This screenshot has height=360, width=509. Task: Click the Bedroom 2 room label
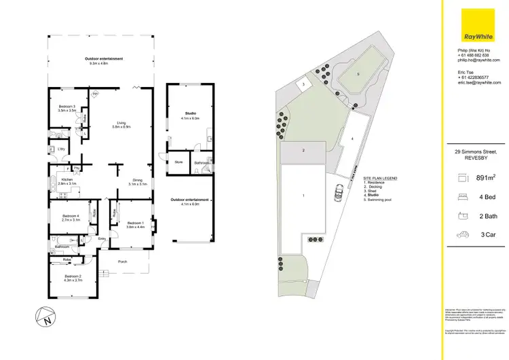(x=73, y=276)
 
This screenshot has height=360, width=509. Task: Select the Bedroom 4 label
(x=71, y=217)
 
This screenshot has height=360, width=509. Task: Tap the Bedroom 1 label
(x=135, y=223)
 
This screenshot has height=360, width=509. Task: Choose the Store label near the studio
(x=179, y=162)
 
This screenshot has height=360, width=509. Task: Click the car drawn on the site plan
(x=337, y=195)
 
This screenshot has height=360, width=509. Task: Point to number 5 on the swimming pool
(x=359, y=73)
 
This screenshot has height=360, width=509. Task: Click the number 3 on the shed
(x=303, y=84)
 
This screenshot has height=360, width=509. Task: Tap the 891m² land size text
(x=483, y=178)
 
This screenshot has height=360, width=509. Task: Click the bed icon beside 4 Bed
(x=463, y=198)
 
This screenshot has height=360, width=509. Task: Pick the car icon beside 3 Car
(x=463, y=235)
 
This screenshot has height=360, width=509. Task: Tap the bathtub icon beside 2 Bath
(x=463, y=216)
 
